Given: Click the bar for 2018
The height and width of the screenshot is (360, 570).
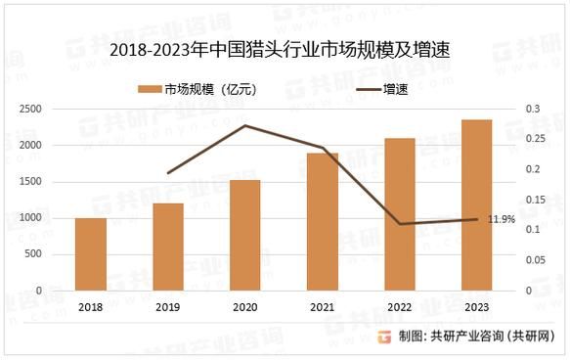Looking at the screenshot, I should click(91, 254).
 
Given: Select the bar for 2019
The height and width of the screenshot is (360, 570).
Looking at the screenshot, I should click(168, 247).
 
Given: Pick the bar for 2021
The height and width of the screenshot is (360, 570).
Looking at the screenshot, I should click(323, 222).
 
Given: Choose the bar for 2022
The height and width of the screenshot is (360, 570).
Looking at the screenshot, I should click(400, 214).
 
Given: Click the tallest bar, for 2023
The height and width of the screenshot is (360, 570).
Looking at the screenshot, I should click(476, 205).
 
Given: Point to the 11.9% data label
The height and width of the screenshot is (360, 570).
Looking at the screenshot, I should click(501, 219).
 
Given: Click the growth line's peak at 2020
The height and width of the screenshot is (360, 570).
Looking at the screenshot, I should click(245, 125).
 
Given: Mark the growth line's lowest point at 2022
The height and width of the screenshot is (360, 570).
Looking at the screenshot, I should click(400, 224).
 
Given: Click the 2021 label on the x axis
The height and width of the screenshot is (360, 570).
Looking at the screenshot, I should click(323, 306).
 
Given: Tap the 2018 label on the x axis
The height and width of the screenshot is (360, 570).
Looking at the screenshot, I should click(91, 306).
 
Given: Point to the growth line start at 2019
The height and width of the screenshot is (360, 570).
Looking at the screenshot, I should click(168, 173).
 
